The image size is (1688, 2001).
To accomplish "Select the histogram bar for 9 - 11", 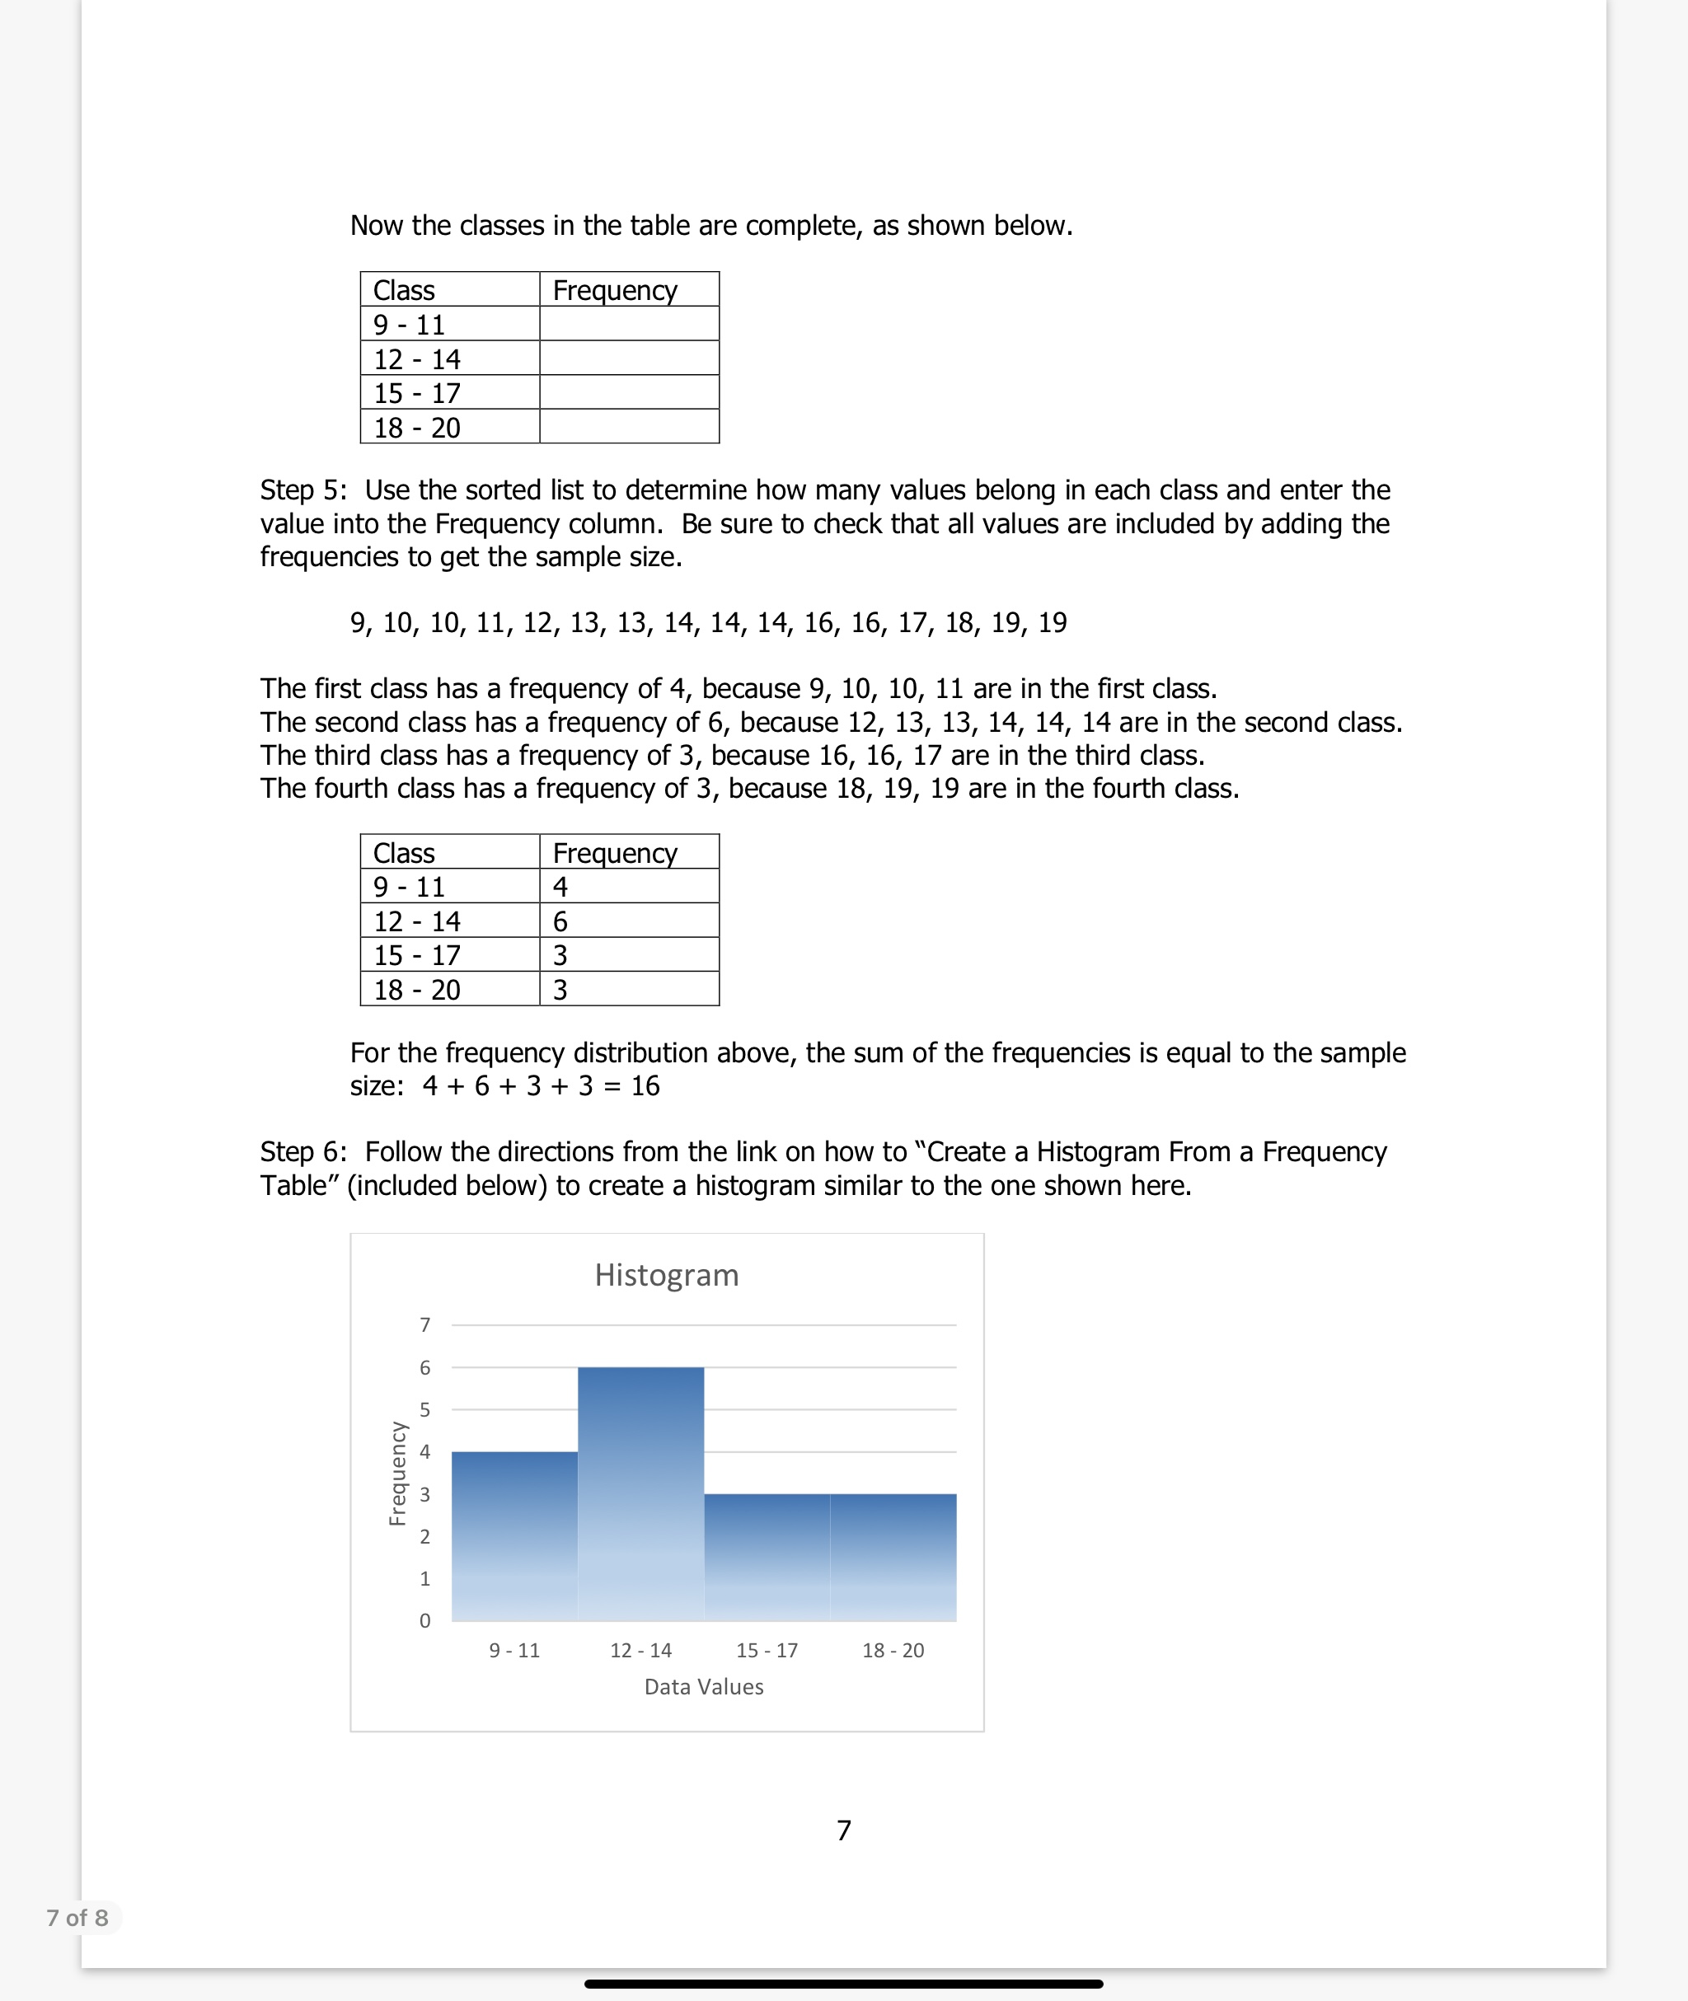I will [x=513, y=1536].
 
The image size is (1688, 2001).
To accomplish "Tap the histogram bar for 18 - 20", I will [x=893, y=1557].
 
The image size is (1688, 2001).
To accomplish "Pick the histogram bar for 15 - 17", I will [x=767, y=1557].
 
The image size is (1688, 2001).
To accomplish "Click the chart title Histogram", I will [x=666, y=1275].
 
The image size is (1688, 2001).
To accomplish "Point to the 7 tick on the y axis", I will [x=424, y=1324].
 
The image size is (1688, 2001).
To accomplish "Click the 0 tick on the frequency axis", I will [x=424, y=1620].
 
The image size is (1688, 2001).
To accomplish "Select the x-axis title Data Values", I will [x=703, y=1686].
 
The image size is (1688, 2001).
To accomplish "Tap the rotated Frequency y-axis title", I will [x=398, y=1473].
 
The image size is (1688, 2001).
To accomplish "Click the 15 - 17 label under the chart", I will [x=767, y=1650].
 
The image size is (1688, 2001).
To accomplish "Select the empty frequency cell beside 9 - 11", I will [x=629, y=323].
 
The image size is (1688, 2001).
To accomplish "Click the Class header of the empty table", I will [x=404, y=290].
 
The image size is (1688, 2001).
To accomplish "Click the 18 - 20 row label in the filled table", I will [x=416, y=990].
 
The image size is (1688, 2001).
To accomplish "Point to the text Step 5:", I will [x=303, y=490].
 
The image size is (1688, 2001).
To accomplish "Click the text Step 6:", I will [x=303, y=1151].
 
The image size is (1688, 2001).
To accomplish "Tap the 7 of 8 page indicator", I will [x=77, y=1918].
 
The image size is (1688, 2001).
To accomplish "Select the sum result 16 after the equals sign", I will [x=645, y=1085].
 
